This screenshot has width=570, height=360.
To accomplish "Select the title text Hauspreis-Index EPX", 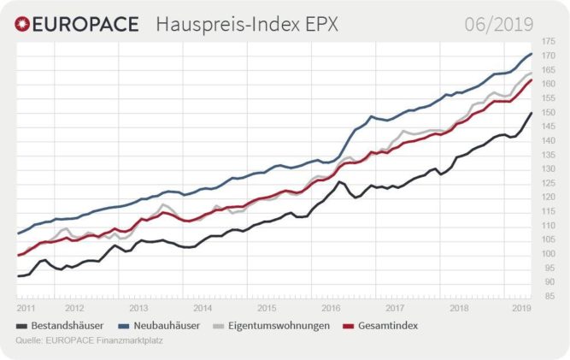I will coord(247,24).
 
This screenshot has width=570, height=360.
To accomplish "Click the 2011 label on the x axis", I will coord(25,306).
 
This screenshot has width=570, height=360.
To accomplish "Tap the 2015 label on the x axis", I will coord(267,306).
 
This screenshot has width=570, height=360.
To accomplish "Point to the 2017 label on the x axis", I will coord(395,306).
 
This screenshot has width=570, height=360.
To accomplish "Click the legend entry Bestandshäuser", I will coord(67,326).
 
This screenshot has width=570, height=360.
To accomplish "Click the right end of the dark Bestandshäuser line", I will coord(532,114).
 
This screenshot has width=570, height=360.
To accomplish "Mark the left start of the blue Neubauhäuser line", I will coord(18,233).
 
